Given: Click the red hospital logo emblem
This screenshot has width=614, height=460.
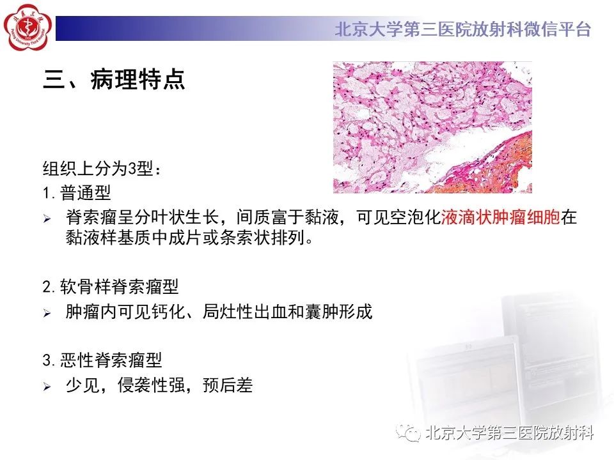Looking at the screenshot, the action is coord(28,27).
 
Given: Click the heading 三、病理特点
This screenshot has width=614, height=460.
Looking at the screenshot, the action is coord(114,79).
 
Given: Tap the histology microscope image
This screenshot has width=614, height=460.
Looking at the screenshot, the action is coord(432,127).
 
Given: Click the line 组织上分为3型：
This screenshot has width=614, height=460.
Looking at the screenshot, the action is coord(102,169).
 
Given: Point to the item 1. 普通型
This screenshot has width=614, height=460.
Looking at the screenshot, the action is coord(77,192).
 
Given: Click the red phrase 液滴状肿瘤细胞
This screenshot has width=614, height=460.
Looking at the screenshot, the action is coord(501,217).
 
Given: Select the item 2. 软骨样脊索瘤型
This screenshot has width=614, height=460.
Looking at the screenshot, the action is coord(111,287).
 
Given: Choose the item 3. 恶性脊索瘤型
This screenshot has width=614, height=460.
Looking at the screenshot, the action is coord(102,360).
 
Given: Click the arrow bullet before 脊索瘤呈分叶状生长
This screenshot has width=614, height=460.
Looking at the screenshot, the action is coord(47,218).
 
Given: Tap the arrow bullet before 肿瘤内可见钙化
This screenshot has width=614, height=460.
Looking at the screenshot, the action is coord(47,313).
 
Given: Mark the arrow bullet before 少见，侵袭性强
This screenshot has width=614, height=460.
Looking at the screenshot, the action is coord(47,387).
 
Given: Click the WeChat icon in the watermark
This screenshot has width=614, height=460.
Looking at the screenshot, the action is coord(408,433).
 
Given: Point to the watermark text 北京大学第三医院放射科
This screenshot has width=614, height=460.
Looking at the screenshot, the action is coord(510,433).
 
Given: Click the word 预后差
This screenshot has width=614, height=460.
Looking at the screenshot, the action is coord(228,385).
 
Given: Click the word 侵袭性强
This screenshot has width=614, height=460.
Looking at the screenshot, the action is coord(151,385).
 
